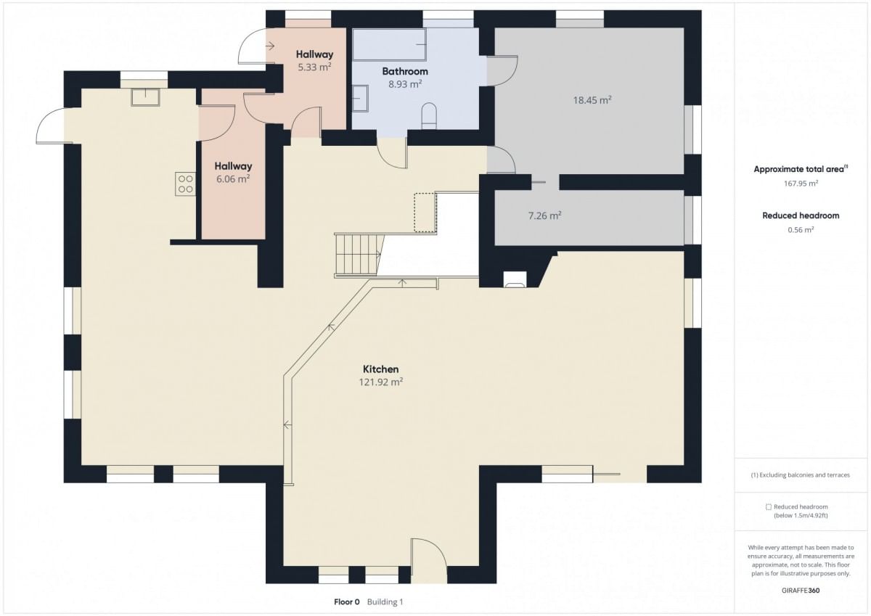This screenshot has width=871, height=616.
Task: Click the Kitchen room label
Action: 380,369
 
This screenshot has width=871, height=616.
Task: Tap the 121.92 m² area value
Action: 380,382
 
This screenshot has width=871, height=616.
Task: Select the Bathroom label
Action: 405,71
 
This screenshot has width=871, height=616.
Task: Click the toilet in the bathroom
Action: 429,115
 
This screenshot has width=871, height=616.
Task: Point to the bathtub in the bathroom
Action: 389,44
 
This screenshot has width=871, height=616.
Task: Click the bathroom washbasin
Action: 360,99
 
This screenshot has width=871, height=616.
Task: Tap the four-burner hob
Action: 186,184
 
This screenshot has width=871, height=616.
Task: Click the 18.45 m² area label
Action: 592,100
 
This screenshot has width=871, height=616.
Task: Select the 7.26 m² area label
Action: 544,215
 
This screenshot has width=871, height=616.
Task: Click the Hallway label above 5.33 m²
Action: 314,54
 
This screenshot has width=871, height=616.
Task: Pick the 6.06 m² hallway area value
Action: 233,178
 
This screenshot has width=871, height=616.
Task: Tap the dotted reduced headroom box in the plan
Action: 425,213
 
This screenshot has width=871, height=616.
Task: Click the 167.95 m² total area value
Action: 801,184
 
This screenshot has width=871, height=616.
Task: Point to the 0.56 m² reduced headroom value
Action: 801,230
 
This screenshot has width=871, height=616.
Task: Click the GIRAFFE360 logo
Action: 801,591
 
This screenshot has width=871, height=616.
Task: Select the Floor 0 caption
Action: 347,602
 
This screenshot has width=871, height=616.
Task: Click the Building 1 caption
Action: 385,602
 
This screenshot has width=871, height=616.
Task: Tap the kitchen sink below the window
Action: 145,97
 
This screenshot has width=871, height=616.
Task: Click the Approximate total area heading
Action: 801,169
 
